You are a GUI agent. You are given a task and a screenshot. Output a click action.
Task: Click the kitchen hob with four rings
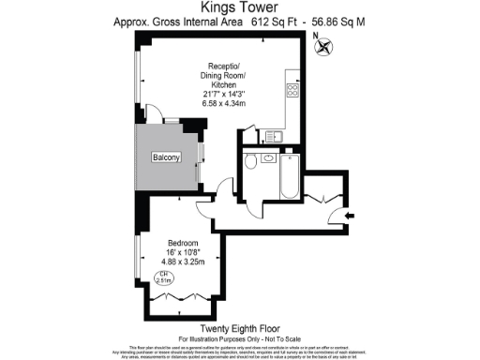(292, 91)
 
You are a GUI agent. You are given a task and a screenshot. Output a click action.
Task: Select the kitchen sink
(279, 137)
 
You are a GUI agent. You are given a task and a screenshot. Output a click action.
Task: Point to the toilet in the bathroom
(251, 164)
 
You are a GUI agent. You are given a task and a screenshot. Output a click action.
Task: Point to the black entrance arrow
(350, 217)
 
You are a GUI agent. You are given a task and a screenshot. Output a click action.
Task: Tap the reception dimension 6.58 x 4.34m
(222, 104)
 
